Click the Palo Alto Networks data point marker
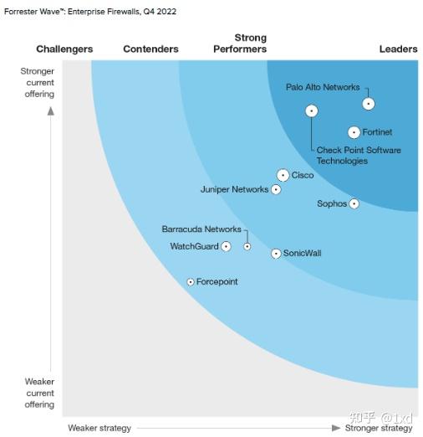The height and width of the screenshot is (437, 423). tap(368, 104)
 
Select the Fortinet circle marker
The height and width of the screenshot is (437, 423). tap(354, 132)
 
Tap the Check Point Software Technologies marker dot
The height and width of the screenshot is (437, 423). tap(311, 111)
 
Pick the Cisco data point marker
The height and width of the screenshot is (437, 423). tap(283, 175)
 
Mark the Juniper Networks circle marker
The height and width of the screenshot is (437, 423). tap(276, 190)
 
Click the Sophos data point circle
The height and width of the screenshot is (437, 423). tap(354, 203)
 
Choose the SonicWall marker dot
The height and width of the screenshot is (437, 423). tap(276, 254)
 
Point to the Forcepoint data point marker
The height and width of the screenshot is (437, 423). tap(191, 282)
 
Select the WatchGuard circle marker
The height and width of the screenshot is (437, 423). tap(226, 247)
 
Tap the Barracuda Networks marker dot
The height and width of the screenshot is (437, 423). tap(247, 247)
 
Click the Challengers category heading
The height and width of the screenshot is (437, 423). tap(64, 49)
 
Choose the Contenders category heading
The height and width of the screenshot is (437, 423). tap(150, 49)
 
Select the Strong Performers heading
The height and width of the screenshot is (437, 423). tap(240, 44)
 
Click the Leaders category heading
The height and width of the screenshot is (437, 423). tap(398, 49)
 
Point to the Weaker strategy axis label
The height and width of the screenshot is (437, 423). tap(99, 428)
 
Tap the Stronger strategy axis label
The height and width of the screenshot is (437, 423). tap(379, 428)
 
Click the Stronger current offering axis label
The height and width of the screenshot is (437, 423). tap(38, 83)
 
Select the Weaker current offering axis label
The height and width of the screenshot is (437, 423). tap(38, 393)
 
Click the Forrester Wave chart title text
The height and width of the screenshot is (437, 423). tap(89, 12)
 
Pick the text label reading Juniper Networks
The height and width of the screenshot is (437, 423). tap(234, 190)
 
